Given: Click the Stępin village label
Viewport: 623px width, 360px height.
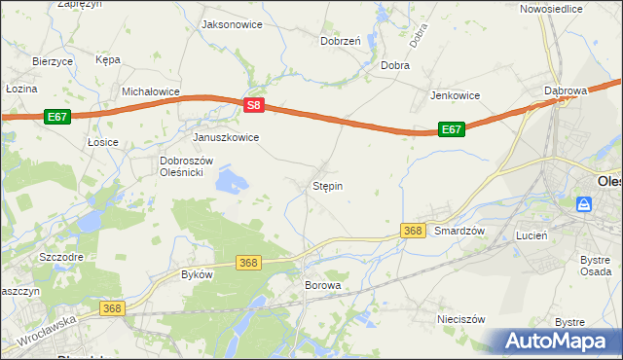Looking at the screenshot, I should point(327,185).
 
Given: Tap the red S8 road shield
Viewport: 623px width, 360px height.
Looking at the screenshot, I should point(253,105).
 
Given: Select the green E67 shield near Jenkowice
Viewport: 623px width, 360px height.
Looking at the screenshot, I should point(450,128).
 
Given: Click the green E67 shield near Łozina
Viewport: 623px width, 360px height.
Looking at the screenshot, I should point(57,117).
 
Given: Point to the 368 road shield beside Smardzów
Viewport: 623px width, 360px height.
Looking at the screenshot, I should point(413,231).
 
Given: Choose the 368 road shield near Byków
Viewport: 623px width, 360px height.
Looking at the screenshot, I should point(248,263).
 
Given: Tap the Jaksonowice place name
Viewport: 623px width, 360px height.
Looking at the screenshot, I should point(231,24).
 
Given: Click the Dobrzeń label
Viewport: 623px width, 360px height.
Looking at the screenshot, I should point(341,41).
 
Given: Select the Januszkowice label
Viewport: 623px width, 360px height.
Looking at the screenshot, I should point(226,137).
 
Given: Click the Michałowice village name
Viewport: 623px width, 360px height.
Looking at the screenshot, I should point(151,91).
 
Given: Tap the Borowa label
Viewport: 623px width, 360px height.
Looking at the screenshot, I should point(323,286).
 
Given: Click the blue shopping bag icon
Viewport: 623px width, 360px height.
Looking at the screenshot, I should point(583,204).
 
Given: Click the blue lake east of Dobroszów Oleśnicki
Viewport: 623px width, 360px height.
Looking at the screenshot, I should point(232,179).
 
